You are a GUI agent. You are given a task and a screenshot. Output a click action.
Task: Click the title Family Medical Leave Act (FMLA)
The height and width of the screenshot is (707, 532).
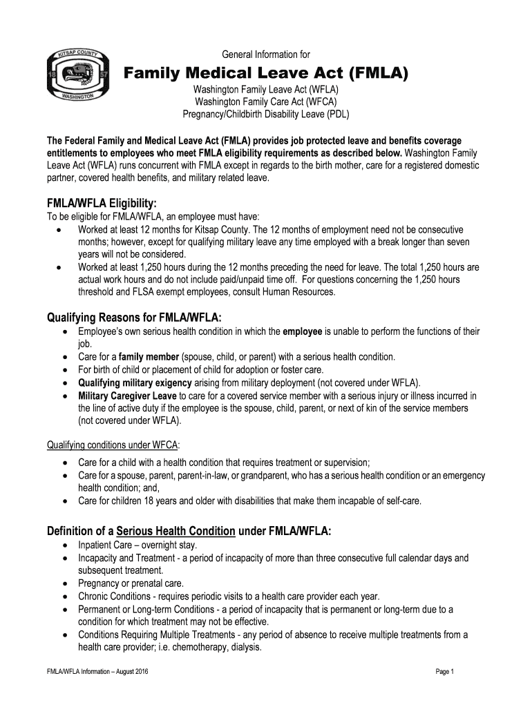pos(266,72)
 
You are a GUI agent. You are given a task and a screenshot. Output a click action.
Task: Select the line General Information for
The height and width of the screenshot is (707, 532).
pos(266,55)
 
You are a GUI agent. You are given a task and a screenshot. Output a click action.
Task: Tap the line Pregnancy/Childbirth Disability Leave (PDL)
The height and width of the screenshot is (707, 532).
pos(266,114)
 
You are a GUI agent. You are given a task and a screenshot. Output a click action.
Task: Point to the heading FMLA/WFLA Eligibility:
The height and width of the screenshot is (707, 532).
pos(102,204)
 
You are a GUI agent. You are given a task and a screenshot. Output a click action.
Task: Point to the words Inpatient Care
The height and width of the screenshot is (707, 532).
pos(104,545)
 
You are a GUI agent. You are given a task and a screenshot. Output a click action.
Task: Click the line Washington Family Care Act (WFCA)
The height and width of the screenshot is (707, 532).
pos(266,101)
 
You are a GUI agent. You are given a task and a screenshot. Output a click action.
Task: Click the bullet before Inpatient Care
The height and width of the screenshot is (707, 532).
pos(64,545)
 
